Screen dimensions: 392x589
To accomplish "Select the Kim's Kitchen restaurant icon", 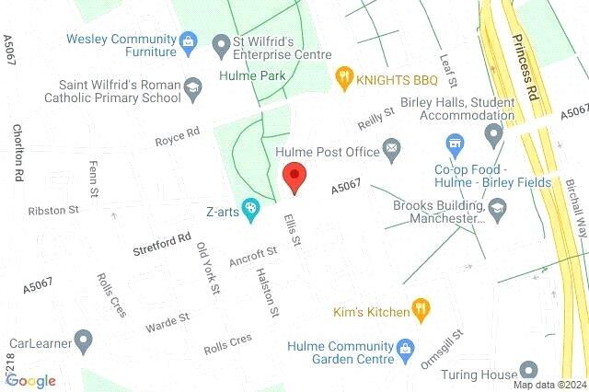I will (422, 311).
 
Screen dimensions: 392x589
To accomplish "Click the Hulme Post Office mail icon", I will (392, 147).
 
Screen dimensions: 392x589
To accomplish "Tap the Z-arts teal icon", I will (248, 209).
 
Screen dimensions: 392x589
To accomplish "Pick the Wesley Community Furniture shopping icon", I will (189, 41).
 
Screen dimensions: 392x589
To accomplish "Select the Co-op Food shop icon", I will (452, 143).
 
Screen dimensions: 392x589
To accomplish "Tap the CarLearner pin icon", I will (84, 343).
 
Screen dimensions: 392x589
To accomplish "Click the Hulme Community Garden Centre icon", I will (404, 348).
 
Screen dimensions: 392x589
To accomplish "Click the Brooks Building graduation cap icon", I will (498, 211).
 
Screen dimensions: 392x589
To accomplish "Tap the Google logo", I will (30, 380).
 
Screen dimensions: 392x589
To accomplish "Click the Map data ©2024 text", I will (549, 385).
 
